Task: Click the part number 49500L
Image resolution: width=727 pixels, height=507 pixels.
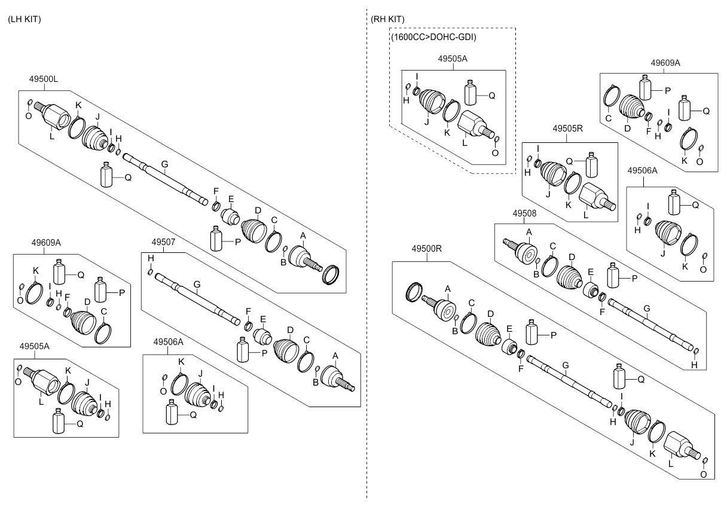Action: coord(44,79)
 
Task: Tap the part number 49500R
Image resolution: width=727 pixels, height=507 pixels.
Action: coord(427,249)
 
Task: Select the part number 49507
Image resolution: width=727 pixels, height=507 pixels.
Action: coord(163,242)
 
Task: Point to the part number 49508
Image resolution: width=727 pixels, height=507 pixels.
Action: coord(524,213)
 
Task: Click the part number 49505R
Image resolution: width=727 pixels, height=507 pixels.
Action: coord(567,129)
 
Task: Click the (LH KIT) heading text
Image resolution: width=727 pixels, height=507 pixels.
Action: coord(25,20)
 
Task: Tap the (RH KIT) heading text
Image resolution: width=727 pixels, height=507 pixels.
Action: coord(387,20)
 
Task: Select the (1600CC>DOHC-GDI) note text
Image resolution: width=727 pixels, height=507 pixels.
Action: coord(433,37)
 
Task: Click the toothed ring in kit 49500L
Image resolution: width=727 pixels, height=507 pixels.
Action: coord(331,275)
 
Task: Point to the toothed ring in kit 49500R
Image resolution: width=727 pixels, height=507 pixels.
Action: coord(414,292)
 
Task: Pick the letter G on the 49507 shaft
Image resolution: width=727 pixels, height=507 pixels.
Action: coord(197,285)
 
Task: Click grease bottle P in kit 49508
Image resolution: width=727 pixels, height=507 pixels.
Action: coord(613,276)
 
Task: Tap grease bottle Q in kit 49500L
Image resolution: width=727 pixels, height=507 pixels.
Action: coord(106,175)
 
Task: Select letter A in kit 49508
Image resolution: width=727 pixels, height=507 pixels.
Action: coord(529,233)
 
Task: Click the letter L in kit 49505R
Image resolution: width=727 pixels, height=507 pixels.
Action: coord(586,215)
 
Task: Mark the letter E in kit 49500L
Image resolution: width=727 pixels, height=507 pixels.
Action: coord(231,199)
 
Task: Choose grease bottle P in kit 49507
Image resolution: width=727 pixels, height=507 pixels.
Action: coord(243,350)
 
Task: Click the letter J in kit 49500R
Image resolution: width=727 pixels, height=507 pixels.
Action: coord(631,442)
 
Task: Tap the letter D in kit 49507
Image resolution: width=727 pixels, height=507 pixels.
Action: coord(290,331)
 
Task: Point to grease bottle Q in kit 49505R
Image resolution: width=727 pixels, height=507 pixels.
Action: coord(592,164)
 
